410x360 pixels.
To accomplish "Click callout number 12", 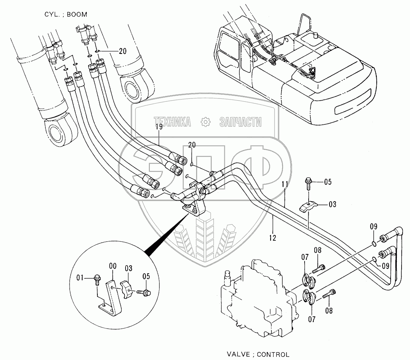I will coord(272,237).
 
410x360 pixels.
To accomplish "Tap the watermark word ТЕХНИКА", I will coord(172,122).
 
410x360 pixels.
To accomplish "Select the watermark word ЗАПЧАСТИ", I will coord(241,122).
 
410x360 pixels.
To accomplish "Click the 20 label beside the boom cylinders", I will coord(122,52).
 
